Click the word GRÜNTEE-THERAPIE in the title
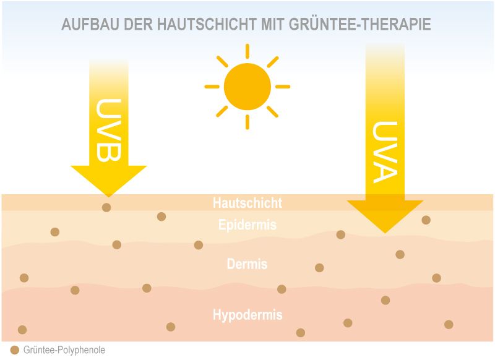[360, 24]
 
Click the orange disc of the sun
[247, 87]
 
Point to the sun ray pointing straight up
[247, 51]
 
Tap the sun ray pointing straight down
[247, 122]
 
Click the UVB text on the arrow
[109, 130]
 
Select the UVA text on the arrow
[385, 152]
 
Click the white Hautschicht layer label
[247, 203]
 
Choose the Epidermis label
[247, 225]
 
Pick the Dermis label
[247, 264]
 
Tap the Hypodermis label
[247, 315]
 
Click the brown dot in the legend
[15, 350]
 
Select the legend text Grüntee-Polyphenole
[64, 350]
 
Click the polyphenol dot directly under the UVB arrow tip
[106, 207]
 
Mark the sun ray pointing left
[212, 87]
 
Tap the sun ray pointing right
[283, 87]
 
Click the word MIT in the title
[273, 24]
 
